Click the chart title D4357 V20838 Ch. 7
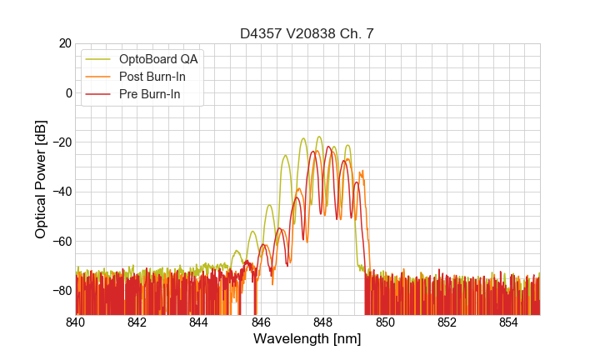(307, 33)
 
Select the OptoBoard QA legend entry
(158, 59)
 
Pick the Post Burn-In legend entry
(152, 77)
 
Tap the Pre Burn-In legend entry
(150, 94)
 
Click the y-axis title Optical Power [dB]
(41, 179)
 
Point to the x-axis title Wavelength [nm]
(307, 339)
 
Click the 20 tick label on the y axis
(64, 43)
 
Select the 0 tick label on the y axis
(68, 92)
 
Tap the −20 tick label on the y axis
(60, 142)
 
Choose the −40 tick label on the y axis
(60, 192)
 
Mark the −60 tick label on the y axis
(60, 242)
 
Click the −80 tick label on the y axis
(60, 291)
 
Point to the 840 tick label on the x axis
(76, 322)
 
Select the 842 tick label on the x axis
(137, 322)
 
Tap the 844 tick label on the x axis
(199, 322)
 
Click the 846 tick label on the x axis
(262, 322)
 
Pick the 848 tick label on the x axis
(323, 322)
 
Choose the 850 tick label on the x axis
(385, 322)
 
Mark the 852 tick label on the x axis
(447, 322)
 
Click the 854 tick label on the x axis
(509, 322)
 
